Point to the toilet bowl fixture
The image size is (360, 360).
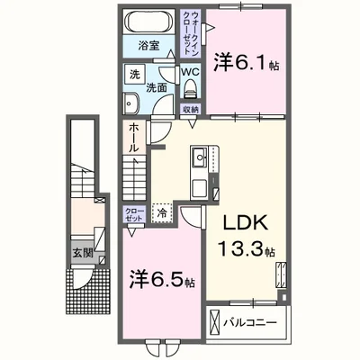coord(190,88)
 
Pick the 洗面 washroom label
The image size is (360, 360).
coord(157,88)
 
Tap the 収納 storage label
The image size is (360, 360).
coord(191,108)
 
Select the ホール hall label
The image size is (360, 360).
coord(131,137)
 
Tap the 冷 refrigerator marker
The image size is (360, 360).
coord(163,214)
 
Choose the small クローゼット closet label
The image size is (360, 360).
coord(133,213)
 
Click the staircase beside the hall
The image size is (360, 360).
coord(133,175)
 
